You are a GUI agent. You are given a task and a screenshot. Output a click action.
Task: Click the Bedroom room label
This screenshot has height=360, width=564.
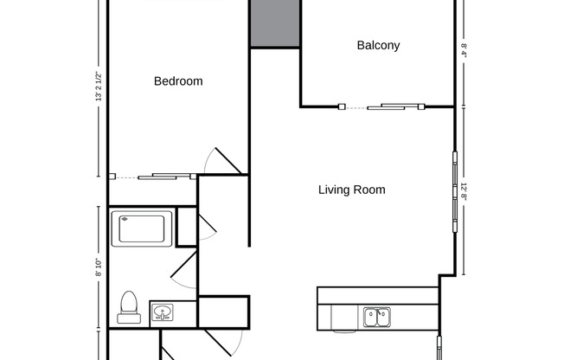(x=178, y=81)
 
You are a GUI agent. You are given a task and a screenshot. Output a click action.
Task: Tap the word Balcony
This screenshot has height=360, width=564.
(x=378, y=45)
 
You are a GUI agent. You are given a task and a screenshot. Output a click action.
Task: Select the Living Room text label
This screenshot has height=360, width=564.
(x=351, y=190)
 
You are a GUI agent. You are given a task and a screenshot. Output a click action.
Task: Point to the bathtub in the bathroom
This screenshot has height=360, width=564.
(x=142, y=228)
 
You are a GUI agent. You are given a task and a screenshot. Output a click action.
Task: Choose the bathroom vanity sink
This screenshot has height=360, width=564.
(x=162, y=312)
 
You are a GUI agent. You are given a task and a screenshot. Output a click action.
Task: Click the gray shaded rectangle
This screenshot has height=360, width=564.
(x=275, y=23)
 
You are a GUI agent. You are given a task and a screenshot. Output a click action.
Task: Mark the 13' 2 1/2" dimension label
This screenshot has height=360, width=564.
(x=99, y=87)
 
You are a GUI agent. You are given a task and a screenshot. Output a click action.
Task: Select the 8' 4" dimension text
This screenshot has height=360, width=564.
(x=464, y=50)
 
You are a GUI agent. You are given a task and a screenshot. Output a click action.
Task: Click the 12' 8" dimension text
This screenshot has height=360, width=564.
(x=464, y=191)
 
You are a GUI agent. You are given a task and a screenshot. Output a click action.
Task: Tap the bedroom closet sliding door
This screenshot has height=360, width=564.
(x=164, y=177)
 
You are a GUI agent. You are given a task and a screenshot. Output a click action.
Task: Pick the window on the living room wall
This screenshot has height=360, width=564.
(x=453, y=192)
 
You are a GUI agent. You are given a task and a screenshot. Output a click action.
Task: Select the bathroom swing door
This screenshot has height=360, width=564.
(x=184, y=269)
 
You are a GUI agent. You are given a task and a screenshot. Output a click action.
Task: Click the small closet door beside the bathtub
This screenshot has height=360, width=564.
(x=207, y=226)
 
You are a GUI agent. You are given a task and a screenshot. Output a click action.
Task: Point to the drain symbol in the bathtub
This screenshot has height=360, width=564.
(x=124, y=220)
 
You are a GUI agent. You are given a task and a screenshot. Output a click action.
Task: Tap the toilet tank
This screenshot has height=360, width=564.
(x=129, y=318)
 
